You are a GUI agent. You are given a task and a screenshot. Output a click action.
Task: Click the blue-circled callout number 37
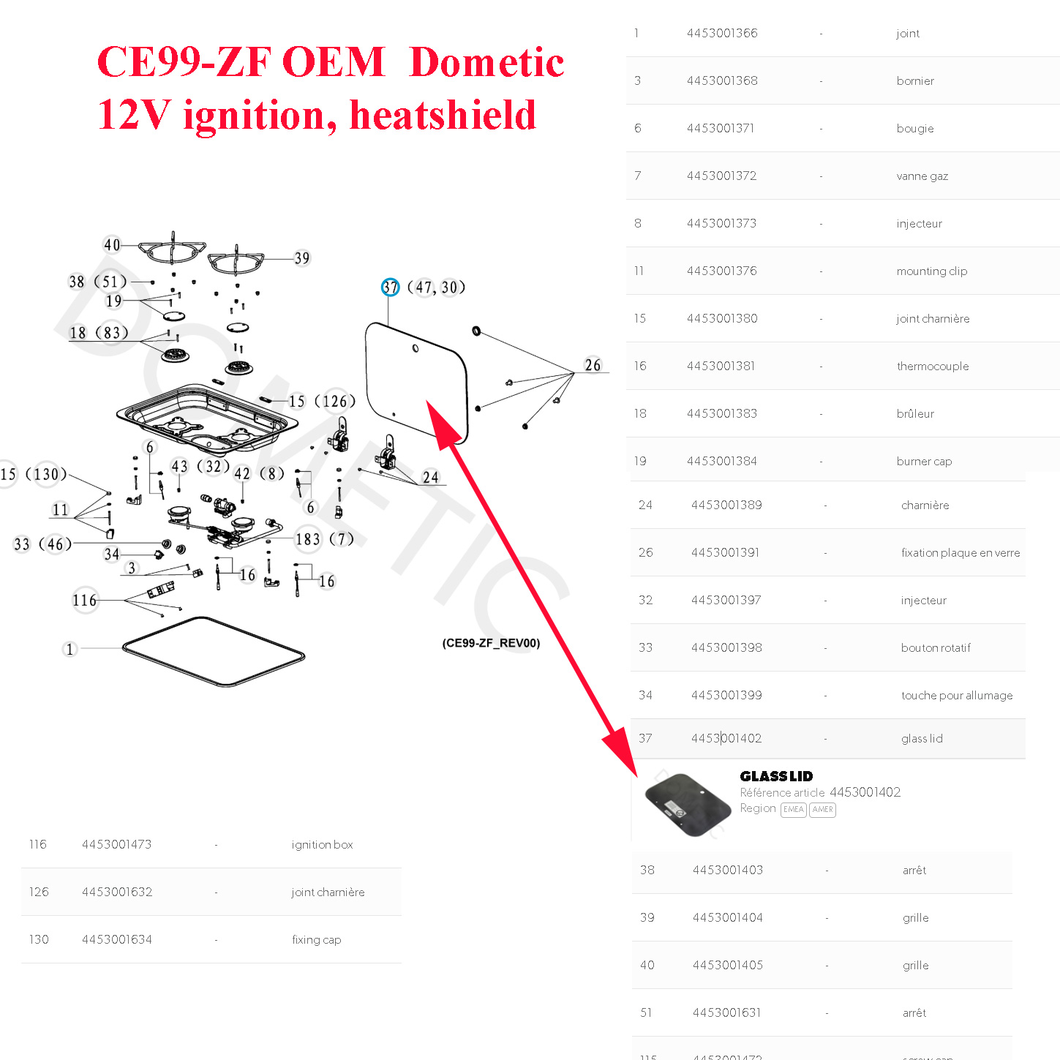390,287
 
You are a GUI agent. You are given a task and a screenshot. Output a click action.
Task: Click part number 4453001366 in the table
721,33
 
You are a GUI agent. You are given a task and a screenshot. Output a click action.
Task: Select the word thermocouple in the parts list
932,366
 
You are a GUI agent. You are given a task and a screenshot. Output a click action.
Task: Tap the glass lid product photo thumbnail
687,805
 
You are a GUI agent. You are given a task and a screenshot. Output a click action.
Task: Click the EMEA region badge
793,809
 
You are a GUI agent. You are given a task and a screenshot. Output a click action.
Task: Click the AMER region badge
822,809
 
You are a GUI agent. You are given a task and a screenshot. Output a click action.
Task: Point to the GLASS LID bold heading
776,776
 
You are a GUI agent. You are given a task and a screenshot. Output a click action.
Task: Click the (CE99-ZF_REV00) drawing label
491,643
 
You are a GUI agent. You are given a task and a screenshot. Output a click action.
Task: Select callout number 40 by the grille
112,245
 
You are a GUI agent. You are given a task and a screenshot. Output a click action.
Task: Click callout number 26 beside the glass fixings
593,365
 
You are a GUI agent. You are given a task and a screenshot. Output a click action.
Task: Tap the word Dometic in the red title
486,62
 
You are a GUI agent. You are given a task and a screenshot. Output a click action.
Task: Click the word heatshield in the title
443,116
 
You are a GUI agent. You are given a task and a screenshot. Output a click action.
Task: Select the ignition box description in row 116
322,844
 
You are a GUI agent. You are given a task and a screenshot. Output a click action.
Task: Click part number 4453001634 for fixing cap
117,939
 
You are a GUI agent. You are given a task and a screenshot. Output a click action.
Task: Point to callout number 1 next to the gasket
69,649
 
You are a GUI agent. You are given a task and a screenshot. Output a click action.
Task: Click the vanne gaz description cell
922,176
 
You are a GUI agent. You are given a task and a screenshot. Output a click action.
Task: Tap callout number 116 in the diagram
85,601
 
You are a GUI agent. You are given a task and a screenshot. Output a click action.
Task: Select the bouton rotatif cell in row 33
935,647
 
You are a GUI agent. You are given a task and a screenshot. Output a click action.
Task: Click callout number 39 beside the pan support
302,258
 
